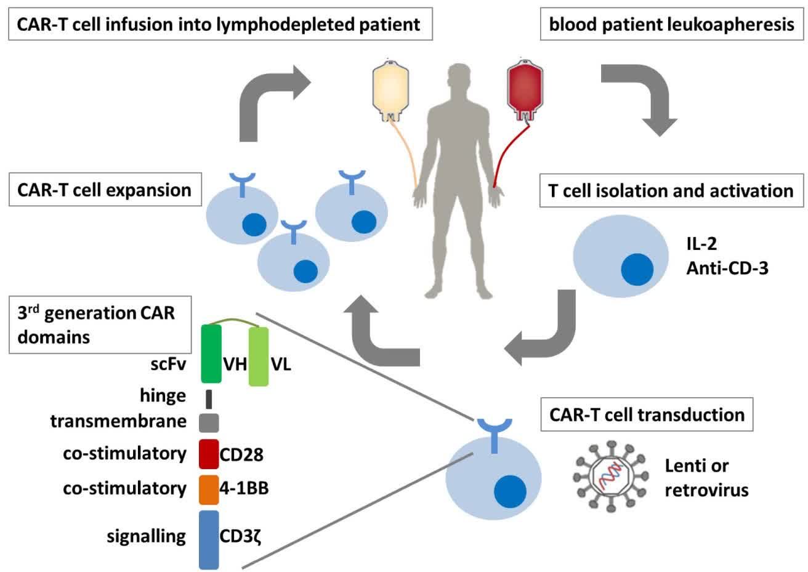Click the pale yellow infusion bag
(390, 88)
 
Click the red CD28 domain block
(209, 454)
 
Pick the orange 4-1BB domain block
(209, 489)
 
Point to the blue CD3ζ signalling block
(209, 539)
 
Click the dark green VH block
(211, 354)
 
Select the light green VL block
(259, 356)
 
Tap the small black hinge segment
(209, 399)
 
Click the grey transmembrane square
(209, 422)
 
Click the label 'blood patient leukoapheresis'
(671, 25)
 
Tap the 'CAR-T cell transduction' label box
(647, 414)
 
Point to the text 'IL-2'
(702, 243)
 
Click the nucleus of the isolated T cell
(637, 270)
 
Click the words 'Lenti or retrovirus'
(706, 478)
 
